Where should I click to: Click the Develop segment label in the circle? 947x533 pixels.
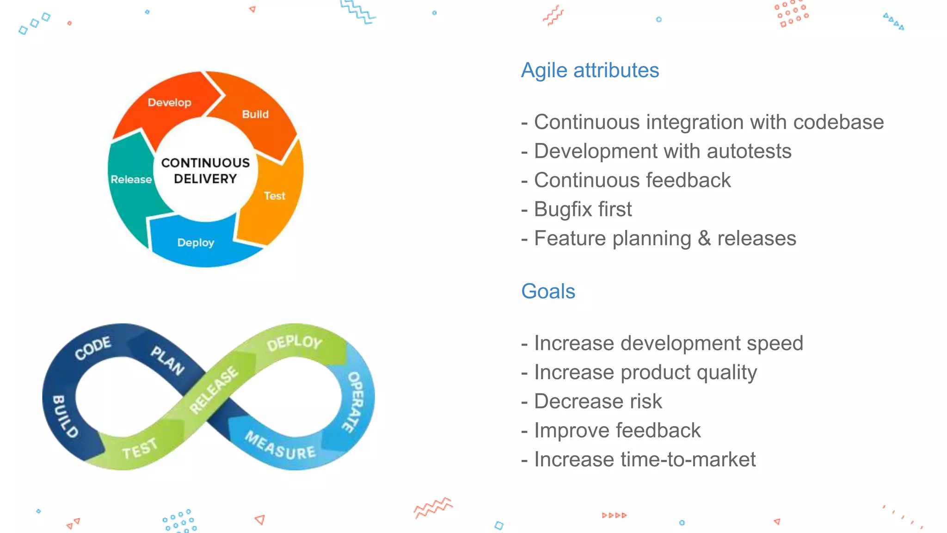[x=169, y=102]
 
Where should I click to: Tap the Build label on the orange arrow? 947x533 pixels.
[x=255, y=114]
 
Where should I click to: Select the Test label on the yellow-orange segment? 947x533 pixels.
[x=275, y=196]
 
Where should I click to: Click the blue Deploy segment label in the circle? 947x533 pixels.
[x=196, y=242]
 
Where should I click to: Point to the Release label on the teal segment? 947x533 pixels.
[x=131, y=180]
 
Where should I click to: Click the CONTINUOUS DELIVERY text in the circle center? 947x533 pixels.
[x=205, y=171]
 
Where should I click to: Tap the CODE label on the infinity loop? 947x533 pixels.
[x=93, y=348]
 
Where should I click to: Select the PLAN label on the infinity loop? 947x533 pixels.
[x=168, y=360]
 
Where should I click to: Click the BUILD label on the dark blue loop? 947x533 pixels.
[x=65, y=416]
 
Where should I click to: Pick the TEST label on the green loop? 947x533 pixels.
[x=140, y=449]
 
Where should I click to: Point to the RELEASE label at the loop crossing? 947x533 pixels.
[x=214, y=390]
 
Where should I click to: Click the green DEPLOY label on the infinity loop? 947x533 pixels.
[x=295, y=343]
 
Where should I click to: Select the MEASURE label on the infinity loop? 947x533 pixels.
[x=280, y=446]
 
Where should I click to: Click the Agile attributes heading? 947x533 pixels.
[x=590, y=70]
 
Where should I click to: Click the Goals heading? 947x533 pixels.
[x=548, y=291]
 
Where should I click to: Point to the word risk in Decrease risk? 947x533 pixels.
[x=646, y=401]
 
